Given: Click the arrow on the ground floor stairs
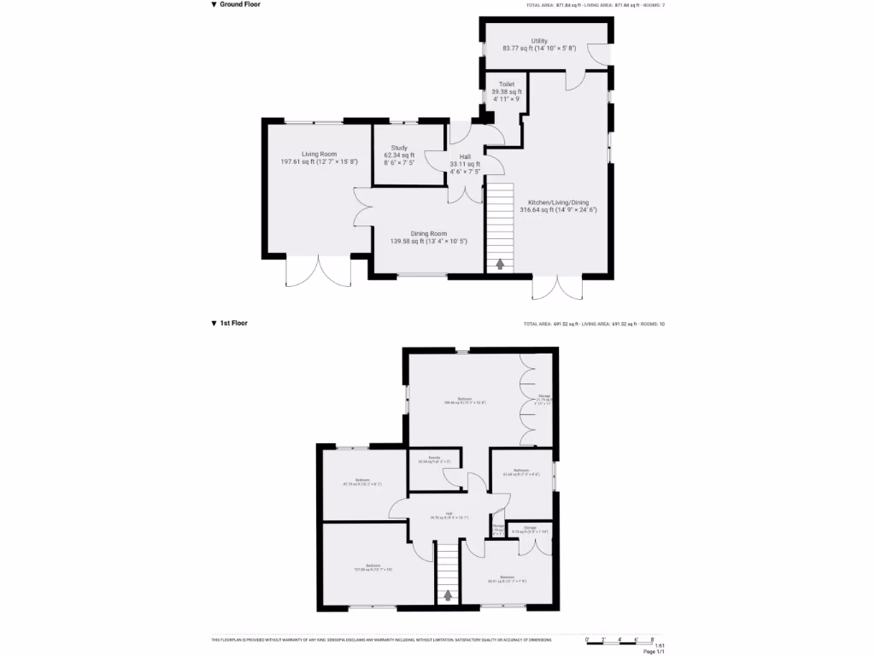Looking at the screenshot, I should (500, 264).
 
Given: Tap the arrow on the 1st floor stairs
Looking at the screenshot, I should (447, 595).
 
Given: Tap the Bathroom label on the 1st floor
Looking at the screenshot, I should (521, 471).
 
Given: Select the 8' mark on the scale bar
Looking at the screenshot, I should (654, 640).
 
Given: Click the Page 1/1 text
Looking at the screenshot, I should (654, 652).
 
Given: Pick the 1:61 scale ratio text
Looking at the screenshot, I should (659, 646).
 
